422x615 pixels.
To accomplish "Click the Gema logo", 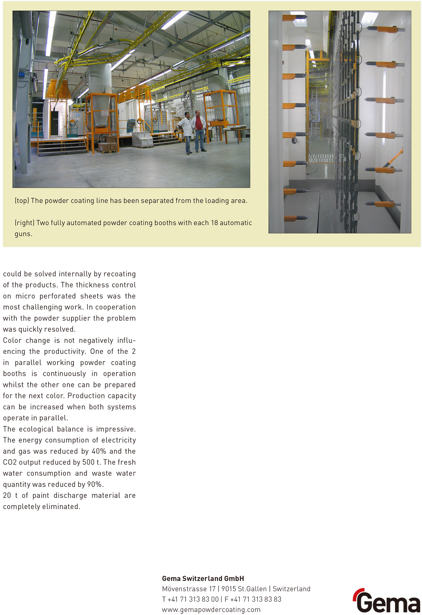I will click(x=387, y=601).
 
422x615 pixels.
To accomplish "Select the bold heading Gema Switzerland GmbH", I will click(x=203, y=578).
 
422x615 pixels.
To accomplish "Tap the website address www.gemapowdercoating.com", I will click(x=211, y=610).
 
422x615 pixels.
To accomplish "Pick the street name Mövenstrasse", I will click(x=184, y=589).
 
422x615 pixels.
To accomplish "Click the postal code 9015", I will click(x=228, y=589).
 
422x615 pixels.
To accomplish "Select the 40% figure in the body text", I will click(x=99, y=451).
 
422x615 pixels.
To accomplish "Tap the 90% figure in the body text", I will click(x=94, y=484).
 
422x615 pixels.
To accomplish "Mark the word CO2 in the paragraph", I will click(x=10, y=462).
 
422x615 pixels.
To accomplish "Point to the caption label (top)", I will click(x=22, y=201).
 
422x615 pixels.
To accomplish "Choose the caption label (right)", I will click(x=24, y=223).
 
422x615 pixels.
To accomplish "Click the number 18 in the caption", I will click(x=214, y=223).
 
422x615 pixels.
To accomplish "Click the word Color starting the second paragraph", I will click(x=12, y=341).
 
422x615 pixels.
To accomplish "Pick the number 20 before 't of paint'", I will click(x=7, y=496).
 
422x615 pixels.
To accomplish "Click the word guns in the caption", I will click(x=23, y=234).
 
